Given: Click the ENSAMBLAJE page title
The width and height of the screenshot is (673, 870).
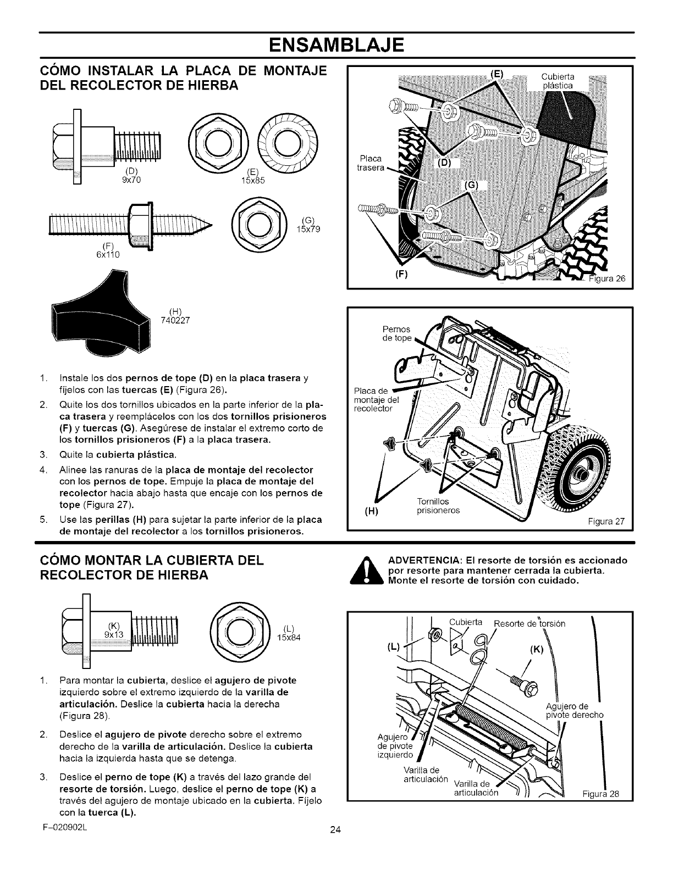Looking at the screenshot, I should (x=336, y=44).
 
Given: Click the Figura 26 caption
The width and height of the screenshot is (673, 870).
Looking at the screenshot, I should (x=604, y=278).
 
